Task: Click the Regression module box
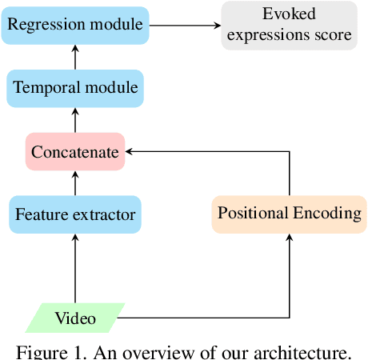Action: click(75, 24)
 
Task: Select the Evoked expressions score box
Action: click(290, 25)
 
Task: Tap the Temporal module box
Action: click(75, 88)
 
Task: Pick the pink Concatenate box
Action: click(75, 151)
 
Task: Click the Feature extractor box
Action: click(75, 214)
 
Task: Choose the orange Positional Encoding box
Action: click(289, 214)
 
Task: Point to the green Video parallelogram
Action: click(75, 318)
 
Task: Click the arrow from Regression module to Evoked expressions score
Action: click(184, 25)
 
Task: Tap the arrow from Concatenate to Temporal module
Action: click(75, 119)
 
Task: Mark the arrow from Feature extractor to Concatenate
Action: click(75, 183)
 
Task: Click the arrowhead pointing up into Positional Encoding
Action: click(289, 238)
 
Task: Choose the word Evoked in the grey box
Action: click(290, 14)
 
